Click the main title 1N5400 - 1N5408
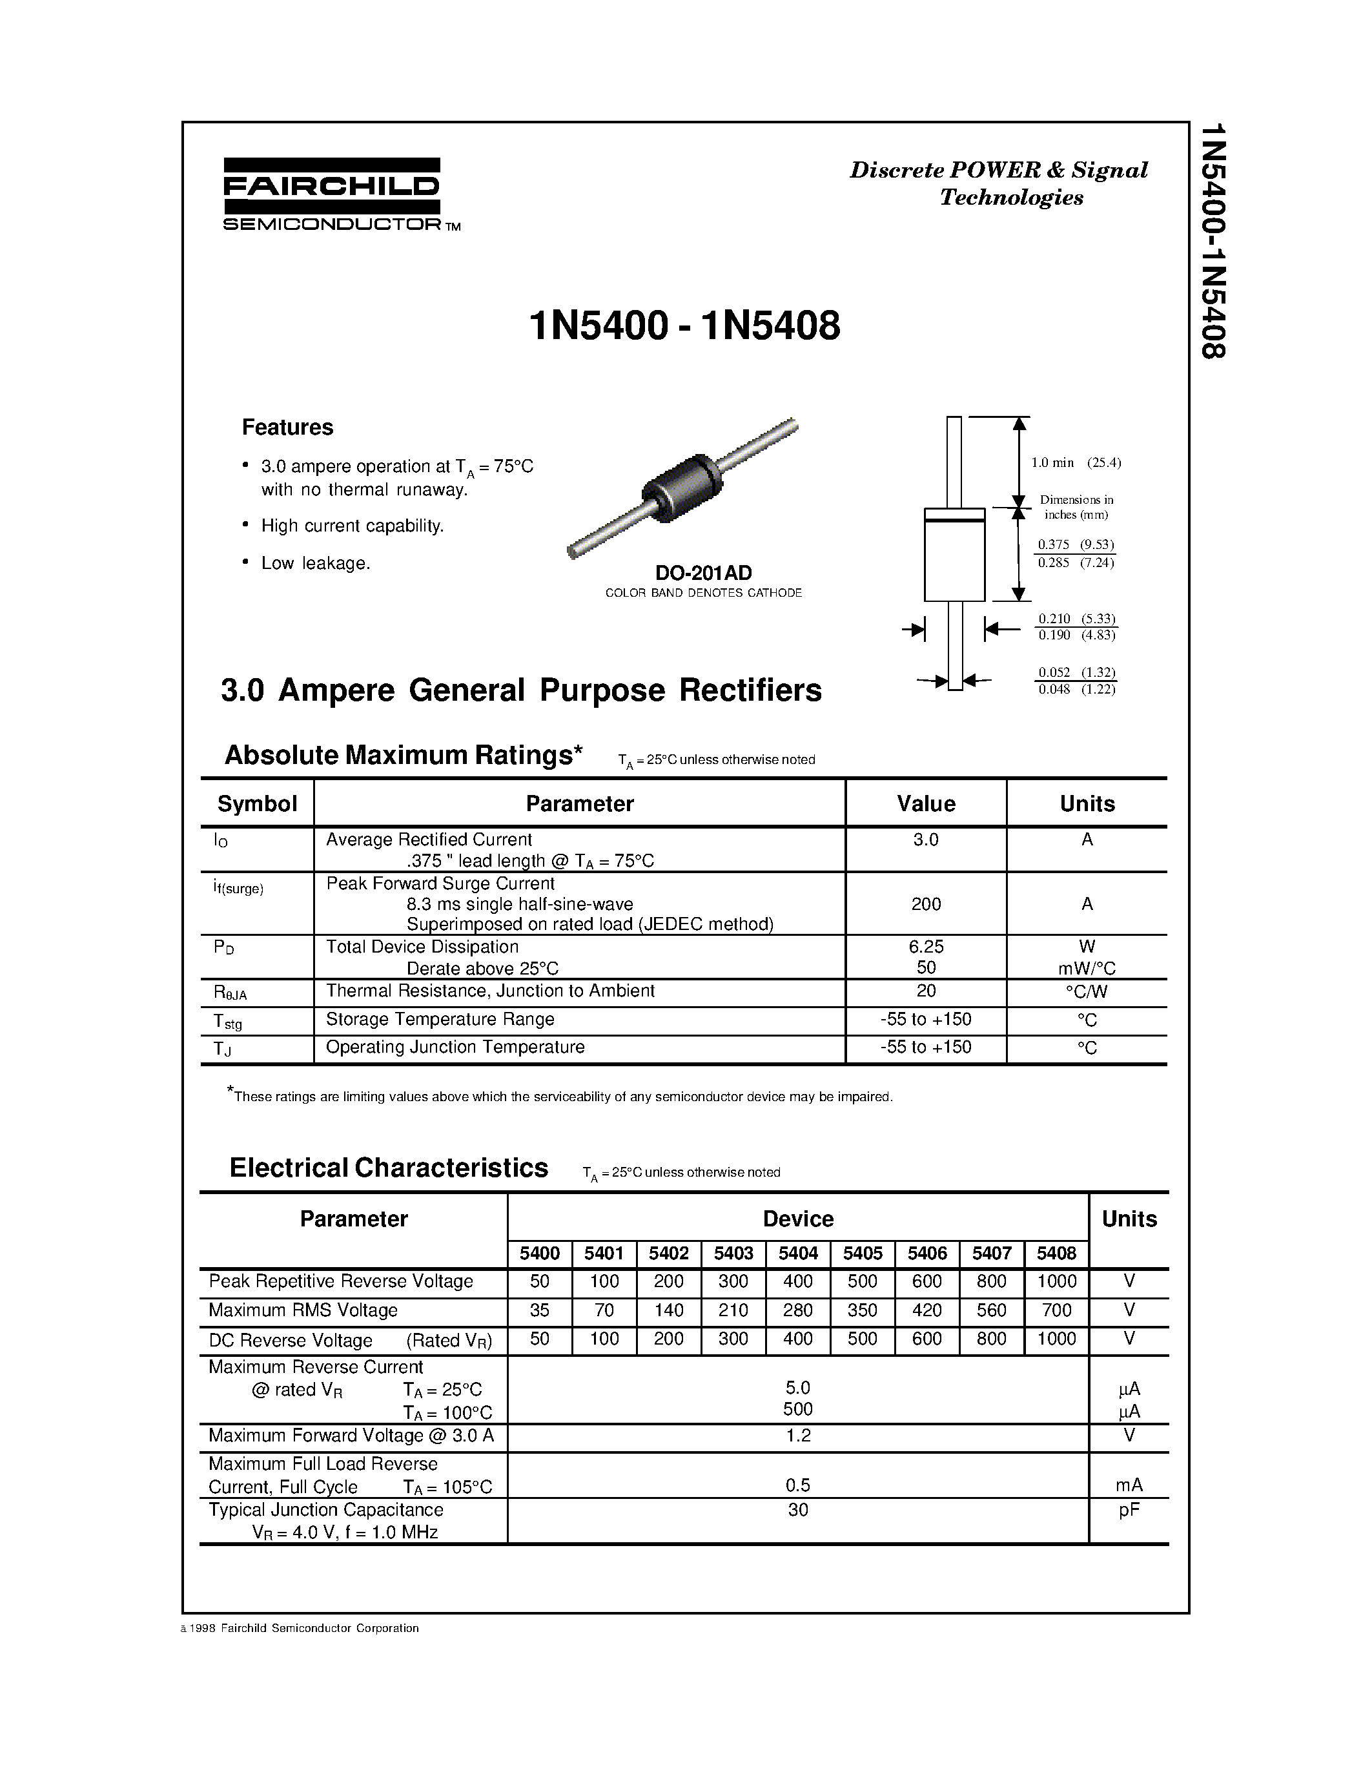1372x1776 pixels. point(684,326)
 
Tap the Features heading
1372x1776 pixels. point(287,427)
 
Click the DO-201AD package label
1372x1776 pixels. point(703,572)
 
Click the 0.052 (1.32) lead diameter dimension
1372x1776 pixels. point(1076,672)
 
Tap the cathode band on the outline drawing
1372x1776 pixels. point(954,515)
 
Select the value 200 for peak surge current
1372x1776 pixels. point(926,903)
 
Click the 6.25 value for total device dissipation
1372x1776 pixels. point(926,947)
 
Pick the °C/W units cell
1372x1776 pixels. point(1086,991)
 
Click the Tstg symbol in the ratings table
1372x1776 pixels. point(227,1022)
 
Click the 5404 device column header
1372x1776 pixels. point(797,1253)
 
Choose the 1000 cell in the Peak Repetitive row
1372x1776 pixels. point(1056,1281)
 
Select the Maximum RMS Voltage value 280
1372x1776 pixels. point(797,1310)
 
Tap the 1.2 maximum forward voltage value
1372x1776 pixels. point(797,1435)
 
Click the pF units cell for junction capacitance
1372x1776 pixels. point(1128,1509)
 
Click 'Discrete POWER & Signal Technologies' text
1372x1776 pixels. point(999,183)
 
